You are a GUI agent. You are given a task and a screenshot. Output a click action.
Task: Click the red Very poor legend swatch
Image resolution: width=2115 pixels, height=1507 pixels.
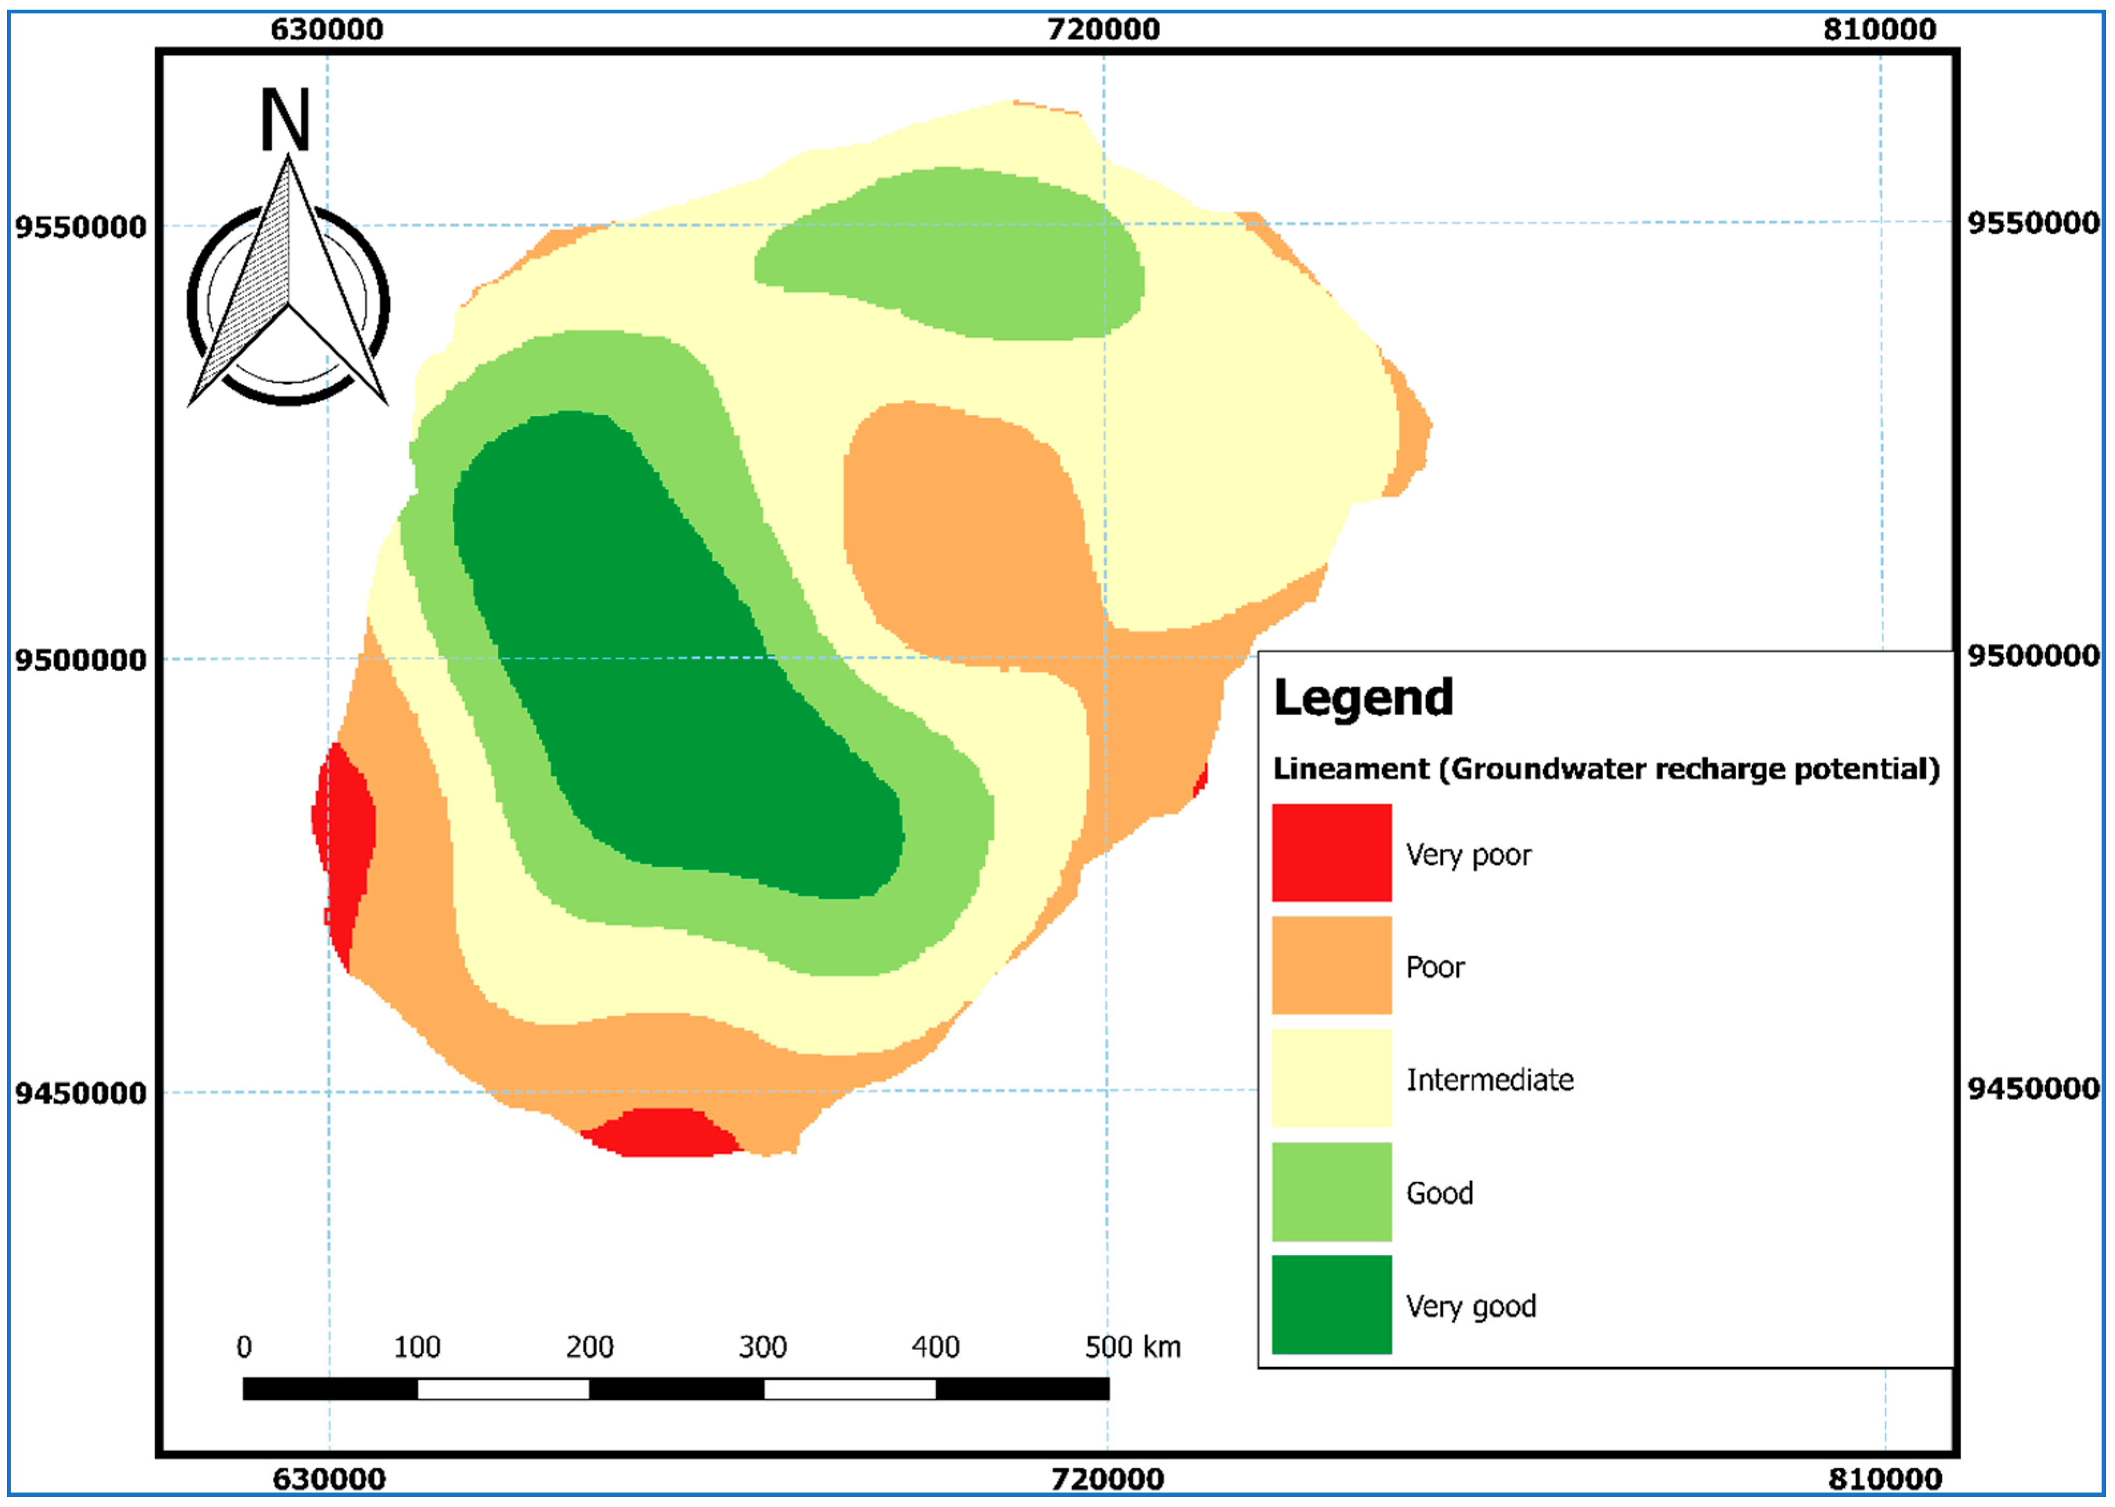point(1331,852)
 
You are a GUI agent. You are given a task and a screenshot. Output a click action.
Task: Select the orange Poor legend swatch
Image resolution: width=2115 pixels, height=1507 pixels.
point(1331,965)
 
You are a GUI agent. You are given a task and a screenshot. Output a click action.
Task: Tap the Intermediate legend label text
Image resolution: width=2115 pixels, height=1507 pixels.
point(1489,1079)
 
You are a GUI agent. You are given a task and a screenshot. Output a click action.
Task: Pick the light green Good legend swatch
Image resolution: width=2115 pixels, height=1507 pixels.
point(1331,1191)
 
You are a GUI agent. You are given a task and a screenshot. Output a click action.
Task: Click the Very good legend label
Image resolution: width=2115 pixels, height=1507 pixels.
point(1470,1305)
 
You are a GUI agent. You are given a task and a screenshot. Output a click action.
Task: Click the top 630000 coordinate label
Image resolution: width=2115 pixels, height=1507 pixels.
point(326,29)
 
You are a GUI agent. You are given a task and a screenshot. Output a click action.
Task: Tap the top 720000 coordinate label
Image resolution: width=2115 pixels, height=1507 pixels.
point(1103,29)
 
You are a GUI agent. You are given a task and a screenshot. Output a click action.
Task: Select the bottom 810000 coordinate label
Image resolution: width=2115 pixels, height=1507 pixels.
point(1884,1478)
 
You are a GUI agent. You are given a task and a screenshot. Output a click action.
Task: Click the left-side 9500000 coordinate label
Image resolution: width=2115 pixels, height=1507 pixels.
point(81,660)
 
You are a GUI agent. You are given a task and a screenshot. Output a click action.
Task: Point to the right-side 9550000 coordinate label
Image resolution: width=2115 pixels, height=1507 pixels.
point(2032,222)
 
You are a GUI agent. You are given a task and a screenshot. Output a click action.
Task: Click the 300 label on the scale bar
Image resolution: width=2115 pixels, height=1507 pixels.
point(762,1347)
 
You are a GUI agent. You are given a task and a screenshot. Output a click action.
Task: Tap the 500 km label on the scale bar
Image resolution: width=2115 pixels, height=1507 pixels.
point(1132,1347)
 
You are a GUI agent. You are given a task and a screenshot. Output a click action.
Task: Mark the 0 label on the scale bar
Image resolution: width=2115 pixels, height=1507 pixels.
point(244,1347)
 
